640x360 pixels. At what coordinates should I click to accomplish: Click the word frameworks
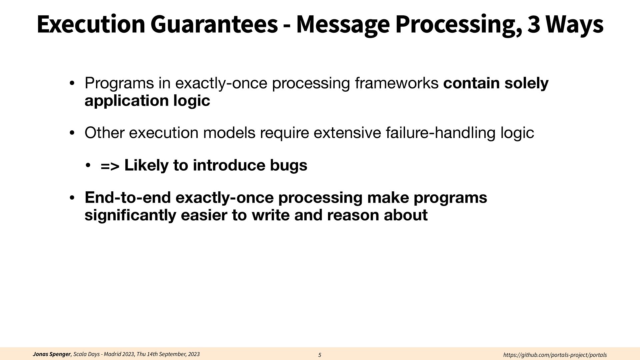click(x=397, y=83)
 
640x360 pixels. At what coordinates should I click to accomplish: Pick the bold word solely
click(x=526, y=83)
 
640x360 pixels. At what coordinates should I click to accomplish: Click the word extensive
click(x=347, y=133)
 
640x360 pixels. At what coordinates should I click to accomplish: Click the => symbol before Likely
click(x=110, y=166)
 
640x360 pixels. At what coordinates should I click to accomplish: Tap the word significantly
click(x=130, y=215)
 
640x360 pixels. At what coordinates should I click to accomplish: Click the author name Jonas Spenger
click(x=52, y=354)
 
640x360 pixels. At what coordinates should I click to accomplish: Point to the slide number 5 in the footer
click(x=320, y=355)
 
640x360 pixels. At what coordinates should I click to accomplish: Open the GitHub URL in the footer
click(x=555, y=355)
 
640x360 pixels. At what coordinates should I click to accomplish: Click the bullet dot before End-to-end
click(x=72, y=198)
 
